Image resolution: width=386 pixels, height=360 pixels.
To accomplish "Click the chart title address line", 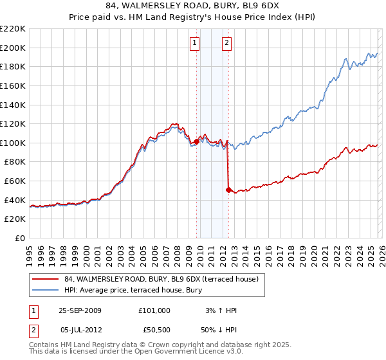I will pos(193,6).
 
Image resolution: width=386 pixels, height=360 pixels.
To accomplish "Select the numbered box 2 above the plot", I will pos(228,43).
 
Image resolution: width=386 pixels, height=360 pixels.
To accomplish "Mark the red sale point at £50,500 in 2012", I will pos(228,190).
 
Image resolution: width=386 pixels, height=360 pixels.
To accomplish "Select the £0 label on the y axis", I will pos(21,238).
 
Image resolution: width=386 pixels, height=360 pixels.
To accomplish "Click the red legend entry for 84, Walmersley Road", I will pos(161,279).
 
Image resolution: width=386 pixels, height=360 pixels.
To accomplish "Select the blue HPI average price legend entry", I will pos(133,291).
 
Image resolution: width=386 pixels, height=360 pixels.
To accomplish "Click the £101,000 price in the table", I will pos(154,310).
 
